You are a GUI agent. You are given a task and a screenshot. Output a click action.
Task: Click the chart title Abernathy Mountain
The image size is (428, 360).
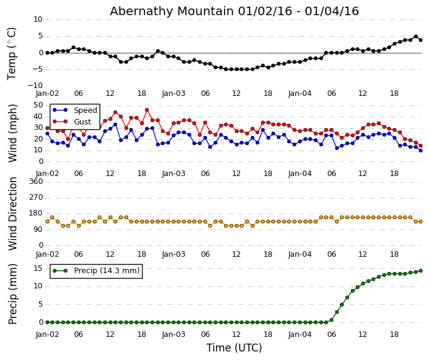tap(234, 12)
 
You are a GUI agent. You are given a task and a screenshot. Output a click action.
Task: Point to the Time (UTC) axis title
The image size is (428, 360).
tap(234, 348)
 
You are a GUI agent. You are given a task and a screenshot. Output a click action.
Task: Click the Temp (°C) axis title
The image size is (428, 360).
tap(12, 53)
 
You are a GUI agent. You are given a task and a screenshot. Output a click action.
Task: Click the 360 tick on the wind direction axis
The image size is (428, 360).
tap(36, 182)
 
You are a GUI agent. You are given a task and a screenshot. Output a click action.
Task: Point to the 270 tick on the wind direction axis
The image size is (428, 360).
tap(36, 197)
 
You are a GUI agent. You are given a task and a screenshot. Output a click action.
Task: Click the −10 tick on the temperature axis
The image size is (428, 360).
tap(34, 86)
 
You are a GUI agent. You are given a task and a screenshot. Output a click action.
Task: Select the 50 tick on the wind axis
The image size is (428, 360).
tap(38, 105)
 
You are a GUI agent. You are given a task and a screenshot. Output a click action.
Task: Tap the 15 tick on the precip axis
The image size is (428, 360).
tap(38, 268)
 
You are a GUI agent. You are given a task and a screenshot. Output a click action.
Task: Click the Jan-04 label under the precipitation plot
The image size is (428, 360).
tap(300, 335)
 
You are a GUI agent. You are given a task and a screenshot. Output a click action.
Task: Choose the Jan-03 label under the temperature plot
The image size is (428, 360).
tap(174, 93)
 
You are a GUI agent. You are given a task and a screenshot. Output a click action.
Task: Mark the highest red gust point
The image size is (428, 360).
tap(147, 110)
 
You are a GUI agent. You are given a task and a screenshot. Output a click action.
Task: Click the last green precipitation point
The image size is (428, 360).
tap(420, 271)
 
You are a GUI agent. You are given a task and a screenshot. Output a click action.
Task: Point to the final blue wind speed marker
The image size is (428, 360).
tap(420, 150)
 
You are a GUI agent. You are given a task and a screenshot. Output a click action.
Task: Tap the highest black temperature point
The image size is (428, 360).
tap(415, 36)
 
